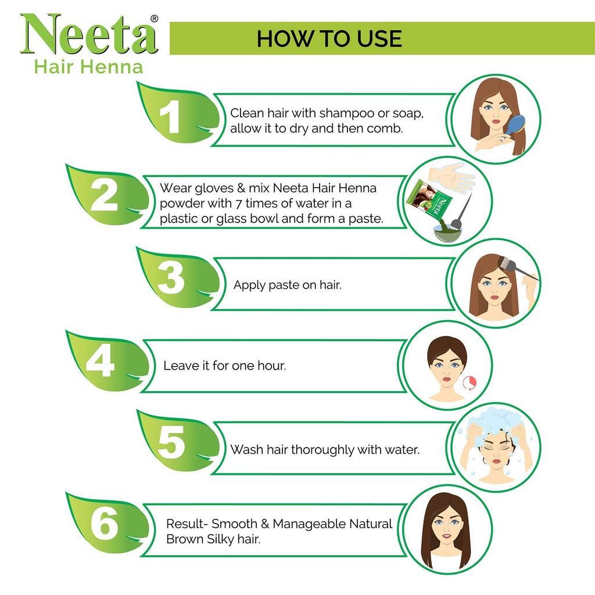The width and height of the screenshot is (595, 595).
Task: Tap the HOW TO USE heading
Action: point(329,38)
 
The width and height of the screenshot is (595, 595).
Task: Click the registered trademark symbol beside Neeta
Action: point(154,19)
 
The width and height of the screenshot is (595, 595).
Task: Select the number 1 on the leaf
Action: point(170,117)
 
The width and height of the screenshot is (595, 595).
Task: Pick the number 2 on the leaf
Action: point(104,197)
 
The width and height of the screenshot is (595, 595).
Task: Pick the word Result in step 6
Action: point(185,524)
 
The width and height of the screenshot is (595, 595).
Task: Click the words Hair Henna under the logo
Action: point(88,66)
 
